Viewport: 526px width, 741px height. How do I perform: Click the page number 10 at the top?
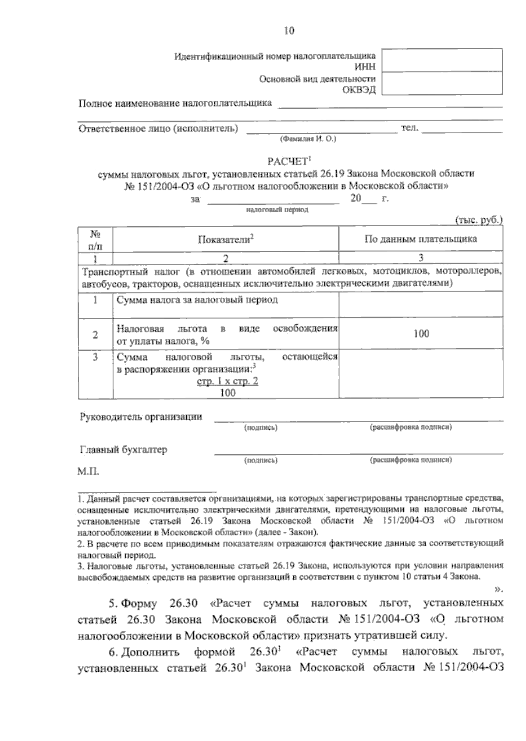[289, 31]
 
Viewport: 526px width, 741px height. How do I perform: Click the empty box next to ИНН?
[442, 60]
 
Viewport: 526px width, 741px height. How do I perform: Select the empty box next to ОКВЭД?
[442, 83]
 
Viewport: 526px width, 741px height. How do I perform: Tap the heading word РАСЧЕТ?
[288, 160]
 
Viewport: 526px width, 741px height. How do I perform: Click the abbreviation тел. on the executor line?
[410, 128]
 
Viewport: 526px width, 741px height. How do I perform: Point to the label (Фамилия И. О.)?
[307, 139]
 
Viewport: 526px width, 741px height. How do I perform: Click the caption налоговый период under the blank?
[277, 210]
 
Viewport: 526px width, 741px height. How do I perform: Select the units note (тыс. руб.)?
[479, 220]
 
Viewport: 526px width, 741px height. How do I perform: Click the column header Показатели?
[225, 239]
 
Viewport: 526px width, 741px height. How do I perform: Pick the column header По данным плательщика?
[421, 239]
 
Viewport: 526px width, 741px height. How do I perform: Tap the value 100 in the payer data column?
[421, 334]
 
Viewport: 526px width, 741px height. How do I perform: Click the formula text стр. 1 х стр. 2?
[227, 381]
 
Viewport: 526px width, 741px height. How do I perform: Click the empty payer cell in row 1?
[421, 305]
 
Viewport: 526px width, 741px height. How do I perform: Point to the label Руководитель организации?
[141, 417]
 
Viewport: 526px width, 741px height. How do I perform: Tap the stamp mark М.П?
[88, 473]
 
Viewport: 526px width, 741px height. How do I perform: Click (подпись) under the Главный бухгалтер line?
[261, 461]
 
